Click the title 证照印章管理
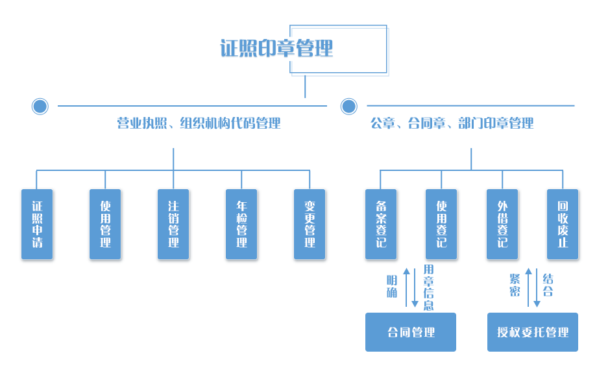tap(276, 49)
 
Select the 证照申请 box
tap(37, 224)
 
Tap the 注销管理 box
tap(173, 224)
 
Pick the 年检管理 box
tap(241, 224)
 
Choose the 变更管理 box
tap(310, 224)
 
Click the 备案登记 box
tap(381, 224)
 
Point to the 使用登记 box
tap(441, 224)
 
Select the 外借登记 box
tap(502, 224)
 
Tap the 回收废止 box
tap(563, 224)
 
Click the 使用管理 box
tap(105, 224)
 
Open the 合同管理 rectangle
tap(410, 332)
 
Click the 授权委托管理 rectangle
tap(532, 332)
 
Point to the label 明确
tap(392, 286)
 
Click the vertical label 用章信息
tap(428, 287)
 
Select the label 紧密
tap(515, 285)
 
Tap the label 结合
tap(548, 285)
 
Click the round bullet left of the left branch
tap(40, 106)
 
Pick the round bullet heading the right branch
tap(348, 106)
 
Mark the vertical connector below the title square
tap(305, 87)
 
